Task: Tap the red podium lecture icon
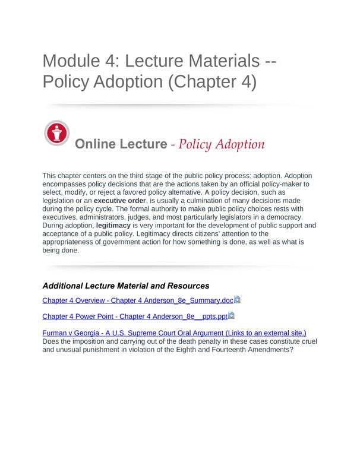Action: (x=57, y=133)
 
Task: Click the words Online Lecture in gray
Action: (x=121, y=144)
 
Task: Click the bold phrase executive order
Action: (x=120, y=201)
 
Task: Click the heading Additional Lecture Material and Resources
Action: (x=126, y=286)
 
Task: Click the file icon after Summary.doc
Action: (x=237, y=300)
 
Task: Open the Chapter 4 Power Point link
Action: (x=135, y=316)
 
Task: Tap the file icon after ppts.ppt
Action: (x=231, y=316)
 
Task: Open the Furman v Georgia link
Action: (x=174, y=333)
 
